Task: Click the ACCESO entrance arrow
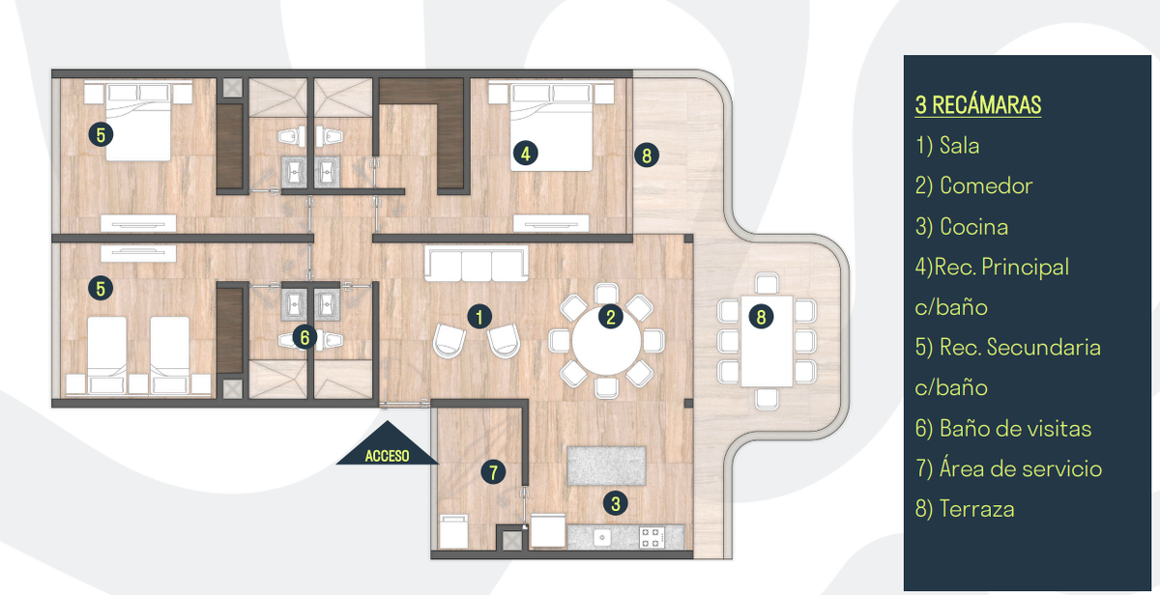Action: coord(388,446)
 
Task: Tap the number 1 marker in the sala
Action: coord(479,317)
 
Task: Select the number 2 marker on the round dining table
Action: coord(611,317)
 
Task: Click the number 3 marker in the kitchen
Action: coord(615,503)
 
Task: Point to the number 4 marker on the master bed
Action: coord(526,154)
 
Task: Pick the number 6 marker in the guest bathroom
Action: coord(304,337)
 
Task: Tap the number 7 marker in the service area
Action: coord(493,472)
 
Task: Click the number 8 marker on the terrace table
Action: coord(761,317)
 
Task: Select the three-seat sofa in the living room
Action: coord(477,264)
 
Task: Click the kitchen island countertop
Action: coord(606,466)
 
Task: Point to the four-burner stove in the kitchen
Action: coord(652,537)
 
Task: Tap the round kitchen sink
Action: coord(601,538)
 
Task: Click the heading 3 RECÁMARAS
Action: coord(977,105)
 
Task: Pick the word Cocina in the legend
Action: coord(973,227)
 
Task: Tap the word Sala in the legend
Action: coord(959,146)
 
